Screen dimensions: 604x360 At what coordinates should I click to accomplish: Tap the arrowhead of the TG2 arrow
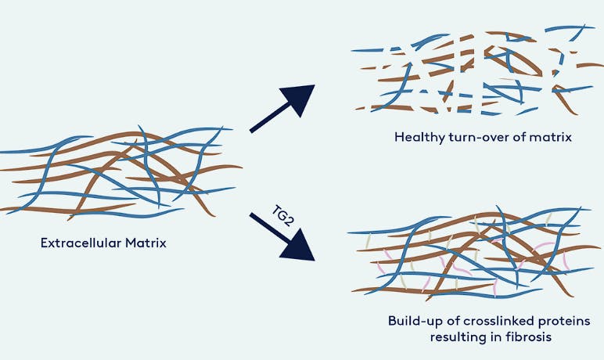click(299, 245)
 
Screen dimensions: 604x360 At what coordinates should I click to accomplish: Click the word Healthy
click(419, 138)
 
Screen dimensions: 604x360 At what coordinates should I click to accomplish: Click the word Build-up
click(414, 322)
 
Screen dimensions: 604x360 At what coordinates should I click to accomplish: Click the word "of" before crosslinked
click(452, 321)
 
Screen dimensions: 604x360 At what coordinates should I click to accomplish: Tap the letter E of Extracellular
click(44, 243)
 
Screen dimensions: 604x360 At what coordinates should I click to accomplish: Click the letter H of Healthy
click(399, 137)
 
